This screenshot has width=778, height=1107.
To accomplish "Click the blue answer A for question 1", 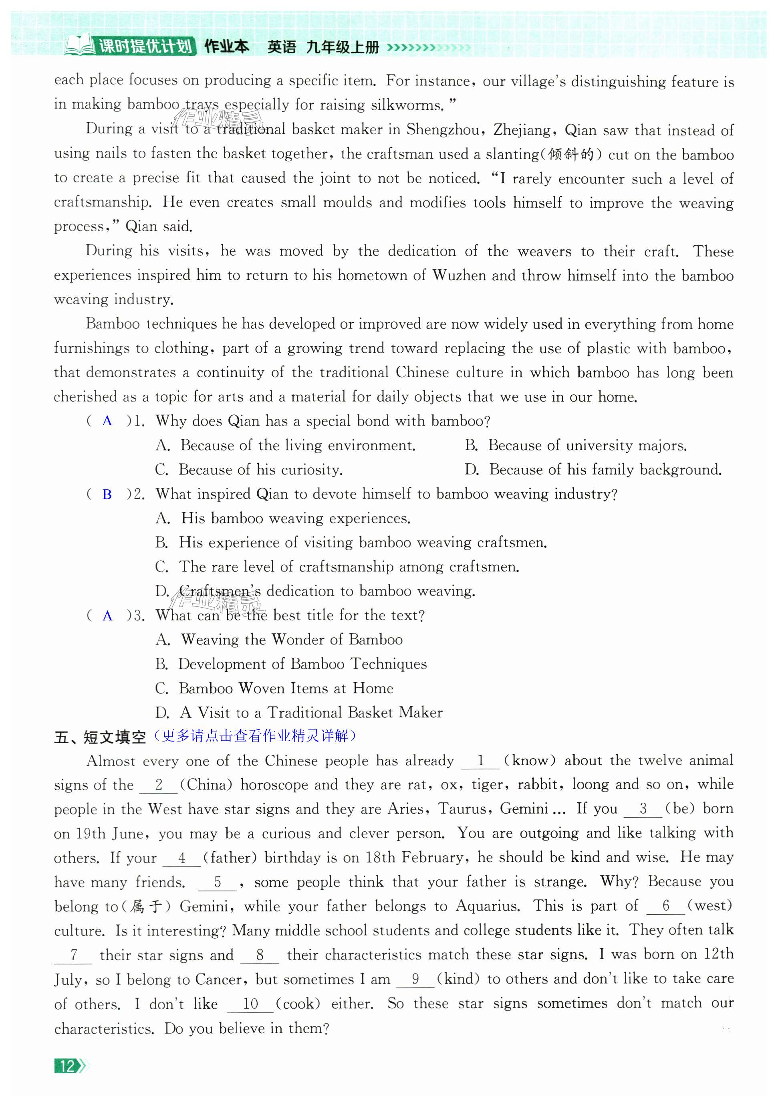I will pyautogui.click(x=107, y=421).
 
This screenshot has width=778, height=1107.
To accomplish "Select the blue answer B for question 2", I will pyautogui.click(x=107, y=494).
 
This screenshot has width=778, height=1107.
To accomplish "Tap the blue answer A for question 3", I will pyautogui.click(x=107, y=616).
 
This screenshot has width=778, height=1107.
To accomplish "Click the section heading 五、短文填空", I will pyautogui.click(x=100, y=737).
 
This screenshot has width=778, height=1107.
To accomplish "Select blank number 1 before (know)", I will pyautogui.click(x=480, y=761).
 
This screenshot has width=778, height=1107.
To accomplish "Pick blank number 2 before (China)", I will pyautogui.click(x=159, y=785).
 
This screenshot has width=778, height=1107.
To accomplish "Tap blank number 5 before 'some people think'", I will pyautogui.click(x=218, y=882).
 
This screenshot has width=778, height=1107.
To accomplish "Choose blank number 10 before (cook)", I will pyautogui.click(x=250, y=1004).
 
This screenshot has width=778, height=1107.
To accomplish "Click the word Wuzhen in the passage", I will pyautogui.click(x=460, y=275).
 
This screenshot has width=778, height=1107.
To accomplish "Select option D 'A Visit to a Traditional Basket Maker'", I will pyautogui.click(x=299, y=713).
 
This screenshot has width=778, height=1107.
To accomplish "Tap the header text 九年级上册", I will pyautogui.click(x=343, y=47).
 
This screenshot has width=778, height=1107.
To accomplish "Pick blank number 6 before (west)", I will pyautogui.click(x=666, y=905).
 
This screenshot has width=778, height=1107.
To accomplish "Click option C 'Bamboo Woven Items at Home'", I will pyautogui.click(x=274, y=688).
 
